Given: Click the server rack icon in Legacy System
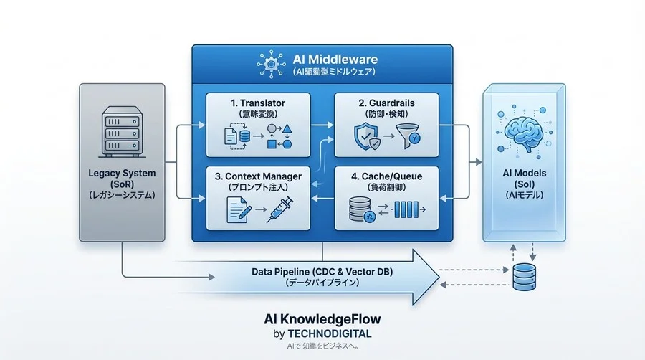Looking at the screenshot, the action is [122, 132].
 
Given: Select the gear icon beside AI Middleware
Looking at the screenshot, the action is [271, 64].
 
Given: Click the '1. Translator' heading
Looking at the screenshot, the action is [258, 103].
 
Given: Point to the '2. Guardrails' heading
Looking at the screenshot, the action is [387, 103].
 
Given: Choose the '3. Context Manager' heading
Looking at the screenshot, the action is [258, 176].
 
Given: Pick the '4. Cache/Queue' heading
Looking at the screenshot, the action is [387, 176].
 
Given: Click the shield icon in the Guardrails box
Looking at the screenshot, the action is [367, 136].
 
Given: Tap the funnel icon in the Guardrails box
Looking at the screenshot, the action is [408, 136].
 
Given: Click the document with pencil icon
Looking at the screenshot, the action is [239, 209].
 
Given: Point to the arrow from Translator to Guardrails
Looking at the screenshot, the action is [322, 125].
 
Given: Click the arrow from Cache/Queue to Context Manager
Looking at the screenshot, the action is [322, 199].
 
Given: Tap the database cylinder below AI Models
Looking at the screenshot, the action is [525, 278].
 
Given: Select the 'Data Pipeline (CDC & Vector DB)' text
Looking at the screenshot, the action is [322, 272].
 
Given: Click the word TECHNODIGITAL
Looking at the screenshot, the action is [330, 333].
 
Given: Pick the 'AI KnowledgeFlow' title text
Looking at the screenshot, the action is [322, 319].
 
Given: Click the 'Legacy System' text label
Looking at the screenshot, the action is [122, 174].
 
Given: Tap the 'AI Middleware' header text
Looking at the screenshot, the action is [335, 60].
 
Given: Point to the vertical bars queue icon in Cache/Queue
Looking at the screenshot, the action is [406, 210].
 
